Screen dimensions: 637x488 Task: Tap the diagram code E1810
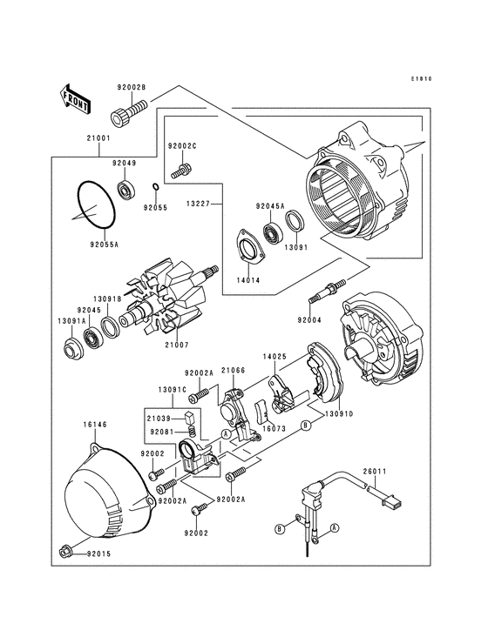click(422, 79)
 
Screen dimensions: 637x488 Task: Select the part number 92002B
click(132, 88)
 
